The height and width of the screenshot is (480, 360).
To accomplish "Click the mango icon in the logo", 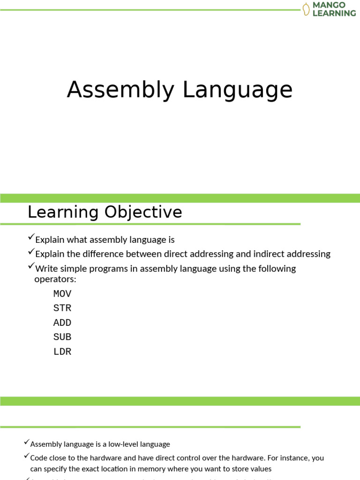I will [x=306, y=9].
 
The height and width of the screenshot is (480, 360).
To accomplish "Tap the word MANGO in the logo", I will [x=329, y=5].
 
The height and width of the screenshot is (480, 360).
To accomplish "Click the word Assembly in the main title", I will [x=120, y=90].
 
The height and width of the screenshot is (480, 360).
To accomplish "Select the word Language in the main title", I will [x=238, y=90].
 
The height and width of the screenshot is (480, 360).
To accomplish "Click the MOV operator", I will [x=62, y=294].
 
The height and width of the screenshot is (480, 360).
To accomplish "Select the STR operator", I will [x=62, y=308].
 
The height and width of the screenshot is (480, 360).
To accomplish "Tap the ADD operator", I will [x=62, y=323].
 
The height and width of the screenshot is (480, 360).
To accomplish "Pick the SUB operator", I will [x=62, y=337].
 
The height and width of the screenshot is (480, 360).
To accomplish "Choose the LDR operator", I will [x=62, y=352].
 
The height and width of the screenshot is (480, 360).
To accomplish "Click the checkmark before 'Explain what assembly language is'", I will [x=31, y=239].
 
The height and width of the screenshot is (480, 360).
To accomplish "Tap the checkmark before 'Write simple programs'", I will [x=31, y=267].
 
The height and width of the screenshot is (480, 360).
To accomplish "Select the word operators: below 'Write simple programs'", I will [x=55, y=279].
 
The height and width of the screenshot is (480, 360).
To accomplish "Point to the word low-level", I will [x=115, y=444].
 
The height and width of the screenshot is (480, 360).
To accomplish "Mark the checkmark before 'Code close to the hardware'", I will [x=27, y=456].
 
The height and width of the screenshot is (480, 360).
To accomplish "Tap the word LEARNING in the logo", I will [x=334, y=13].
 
